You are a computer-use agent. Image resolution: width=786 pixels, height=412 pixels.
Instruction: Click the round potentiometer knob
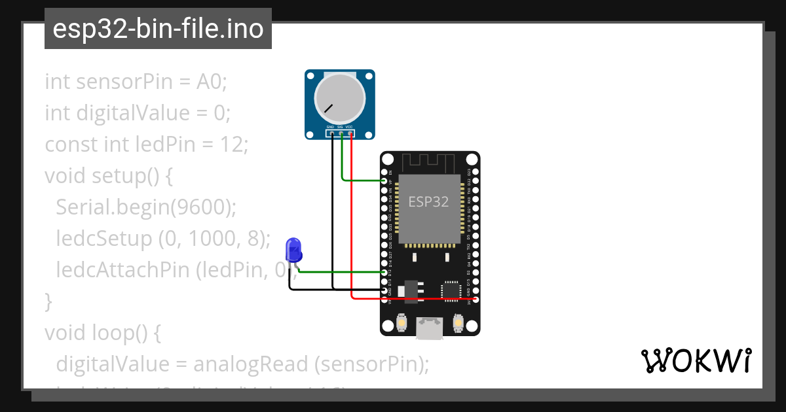(339, 97)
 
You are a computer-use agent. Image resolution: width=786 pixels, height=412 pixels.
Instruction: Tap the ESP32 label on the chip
(429, 202)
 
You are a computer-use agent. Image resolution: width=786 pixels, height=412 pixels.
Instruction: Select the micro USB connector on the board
(430, 326)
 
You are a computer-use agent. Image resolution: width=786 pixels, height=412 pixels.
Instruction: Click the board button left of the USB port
(402, 322)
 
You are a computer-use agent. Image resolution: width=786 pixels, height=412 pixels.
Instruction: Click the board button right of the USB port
(458, 322)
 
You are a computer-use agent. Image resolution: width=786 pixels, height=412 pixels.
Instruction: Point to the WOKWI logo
(696, 360)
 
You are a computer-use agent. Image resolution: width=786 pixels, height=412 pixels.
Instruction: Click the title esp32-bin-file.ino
(158, 29)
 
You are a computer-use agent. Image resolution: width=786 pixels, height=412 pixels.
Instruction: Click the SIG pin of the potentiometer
(341, 134)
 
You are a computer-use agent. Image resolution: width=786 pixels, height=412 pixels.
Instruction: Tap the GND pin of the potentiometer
(332, 134)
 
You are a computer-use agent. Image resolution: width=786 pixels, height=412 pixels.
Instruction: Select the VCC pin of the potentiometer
(350, 134)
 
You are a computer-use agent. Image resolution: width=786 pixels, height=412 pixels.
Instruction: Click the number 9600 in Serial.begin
(200, 207)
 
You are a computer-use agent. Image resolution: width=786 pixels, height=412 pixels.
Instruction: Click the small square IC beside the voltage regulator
(451, 290)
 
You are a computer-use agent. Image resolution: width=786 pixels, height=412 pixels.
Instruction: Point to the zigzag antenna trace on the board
(428, 162)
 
